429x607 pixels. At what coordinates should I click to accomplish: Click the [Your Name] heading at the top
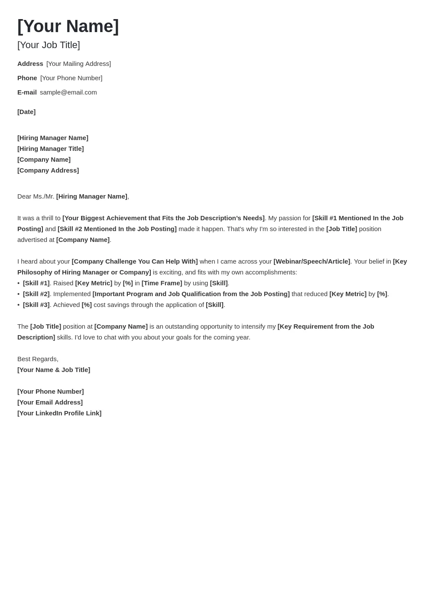click(68, 26)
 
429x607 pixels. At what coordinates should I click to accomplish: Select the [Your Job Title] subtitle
click(49, 45)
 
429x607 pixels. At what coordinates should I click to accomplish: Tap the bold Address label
click(30, 64)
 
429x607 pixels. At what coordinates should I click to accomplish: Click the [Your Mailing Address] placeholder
click(78, 64)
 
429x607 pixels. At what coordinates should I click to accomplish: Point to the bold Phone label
click(27, 78)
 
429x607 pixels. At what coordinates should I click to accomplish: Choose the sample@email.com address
click(68, 92)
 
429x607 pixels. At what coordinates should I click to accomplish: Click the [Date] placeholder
click(26, 112)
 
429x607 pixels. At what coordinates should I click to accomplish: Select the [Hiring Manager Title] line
click(50, 149)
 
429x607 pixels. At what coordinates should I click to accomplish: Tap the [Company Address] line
click(48, 170)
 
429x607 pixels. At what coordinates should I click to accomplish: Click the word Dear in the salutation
click(24, 196)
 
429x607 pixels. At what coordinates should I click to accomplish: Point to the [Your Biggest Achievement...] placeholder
click(163, 218)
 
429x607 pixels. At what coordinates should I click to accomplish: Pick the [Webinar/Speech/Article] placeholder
click(312, 261)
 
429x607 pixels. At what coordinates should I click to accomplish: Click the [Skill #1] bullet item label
click(36, 283)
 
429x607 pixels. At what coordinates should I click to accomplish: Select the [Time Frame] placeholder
click(162, 283)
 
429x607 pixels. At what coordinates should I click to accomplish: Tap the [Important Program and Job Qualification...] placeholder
click(191, 294)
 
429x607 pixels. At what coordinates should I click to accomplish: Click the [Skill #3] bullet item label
click(36, 305)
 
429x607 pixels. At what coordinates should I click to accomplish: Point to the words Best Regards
click(38, 359)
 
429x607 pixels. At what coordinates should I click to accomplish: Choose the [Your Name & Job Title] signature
click(54, 370)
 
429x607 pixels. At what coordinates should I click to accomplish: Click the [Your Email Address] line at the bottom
click(50, 402)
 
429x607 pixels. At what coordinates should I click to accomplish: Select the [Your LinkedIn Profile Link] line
click(59, 413)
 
